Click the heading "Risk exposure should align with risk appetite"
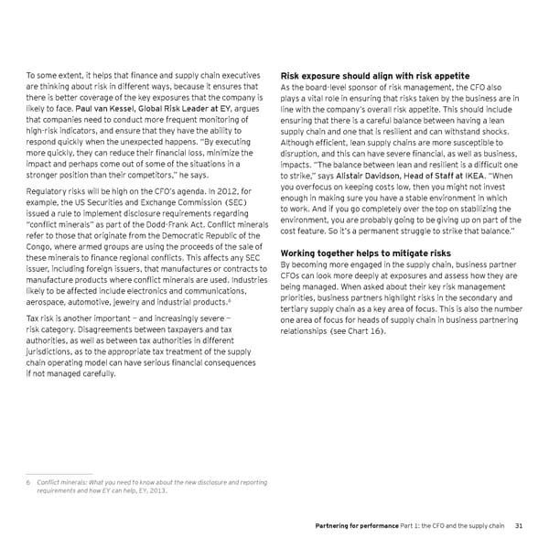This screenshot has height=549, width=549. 374,75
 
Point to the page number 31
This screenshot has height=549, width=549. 518,525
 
